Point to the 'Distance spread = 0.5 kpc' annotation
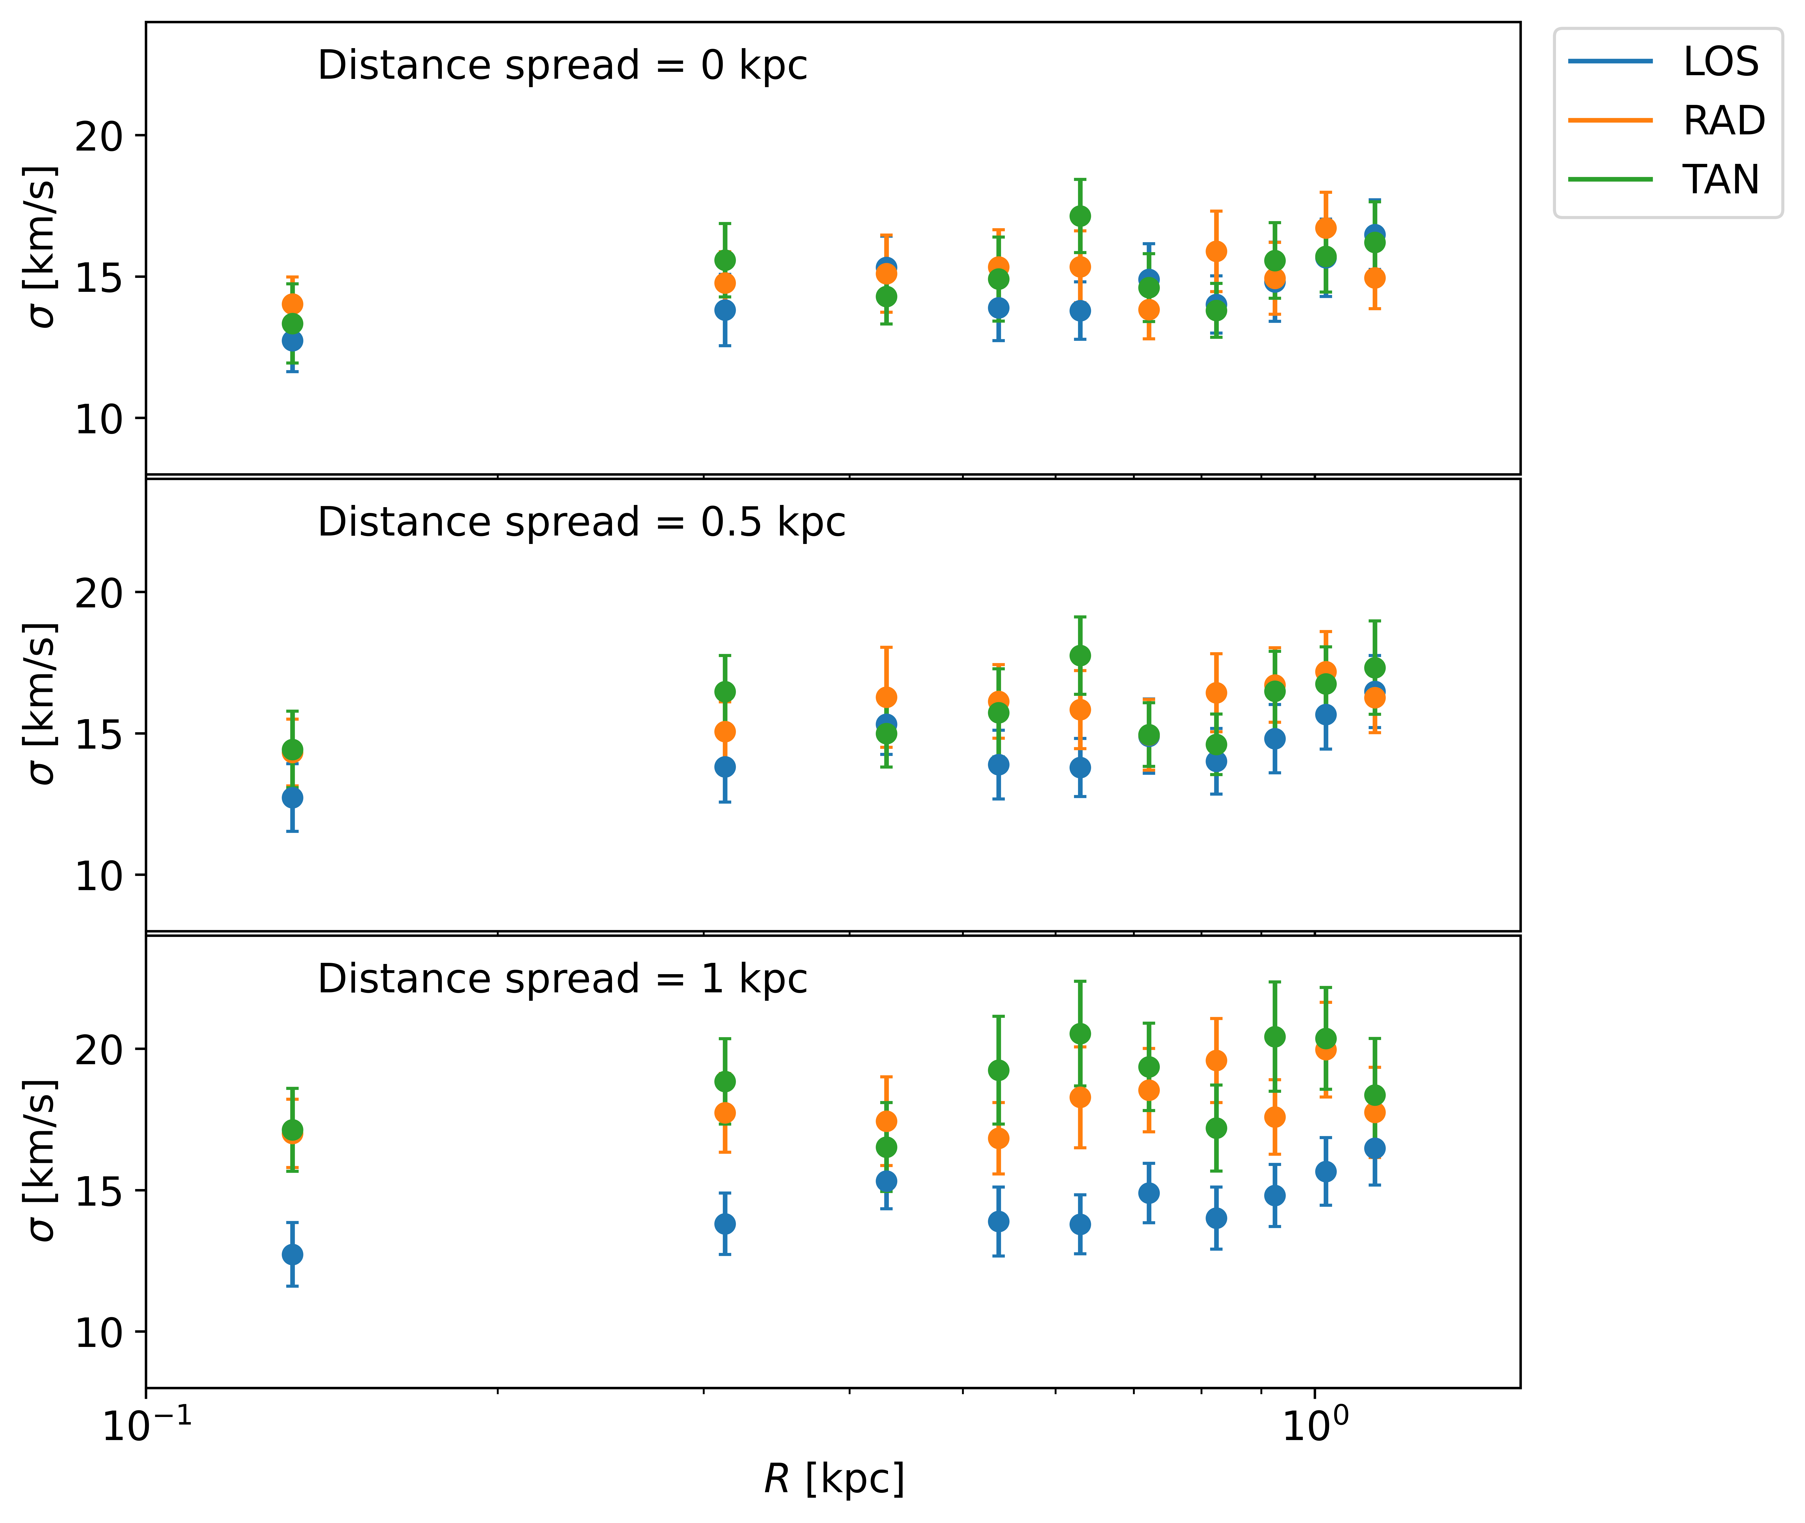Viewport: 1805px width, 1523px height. (x=581, y=522)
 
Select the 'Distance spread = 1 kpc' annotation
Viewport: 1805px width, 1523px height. (x=562, y=979)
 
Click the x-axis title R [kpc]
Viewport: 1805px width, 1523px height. (x=834, y=1479)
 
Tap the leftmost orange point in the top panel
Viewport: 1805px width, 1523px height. (x=293, y=304)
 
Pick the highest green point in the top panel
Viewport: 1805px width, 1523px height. (x=1080, y=216)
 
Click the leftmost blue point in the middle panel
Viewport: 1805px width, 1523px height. (x=293, y=798)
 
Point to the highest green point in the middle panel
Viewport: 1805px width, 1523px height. (x=1080, y=655)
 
